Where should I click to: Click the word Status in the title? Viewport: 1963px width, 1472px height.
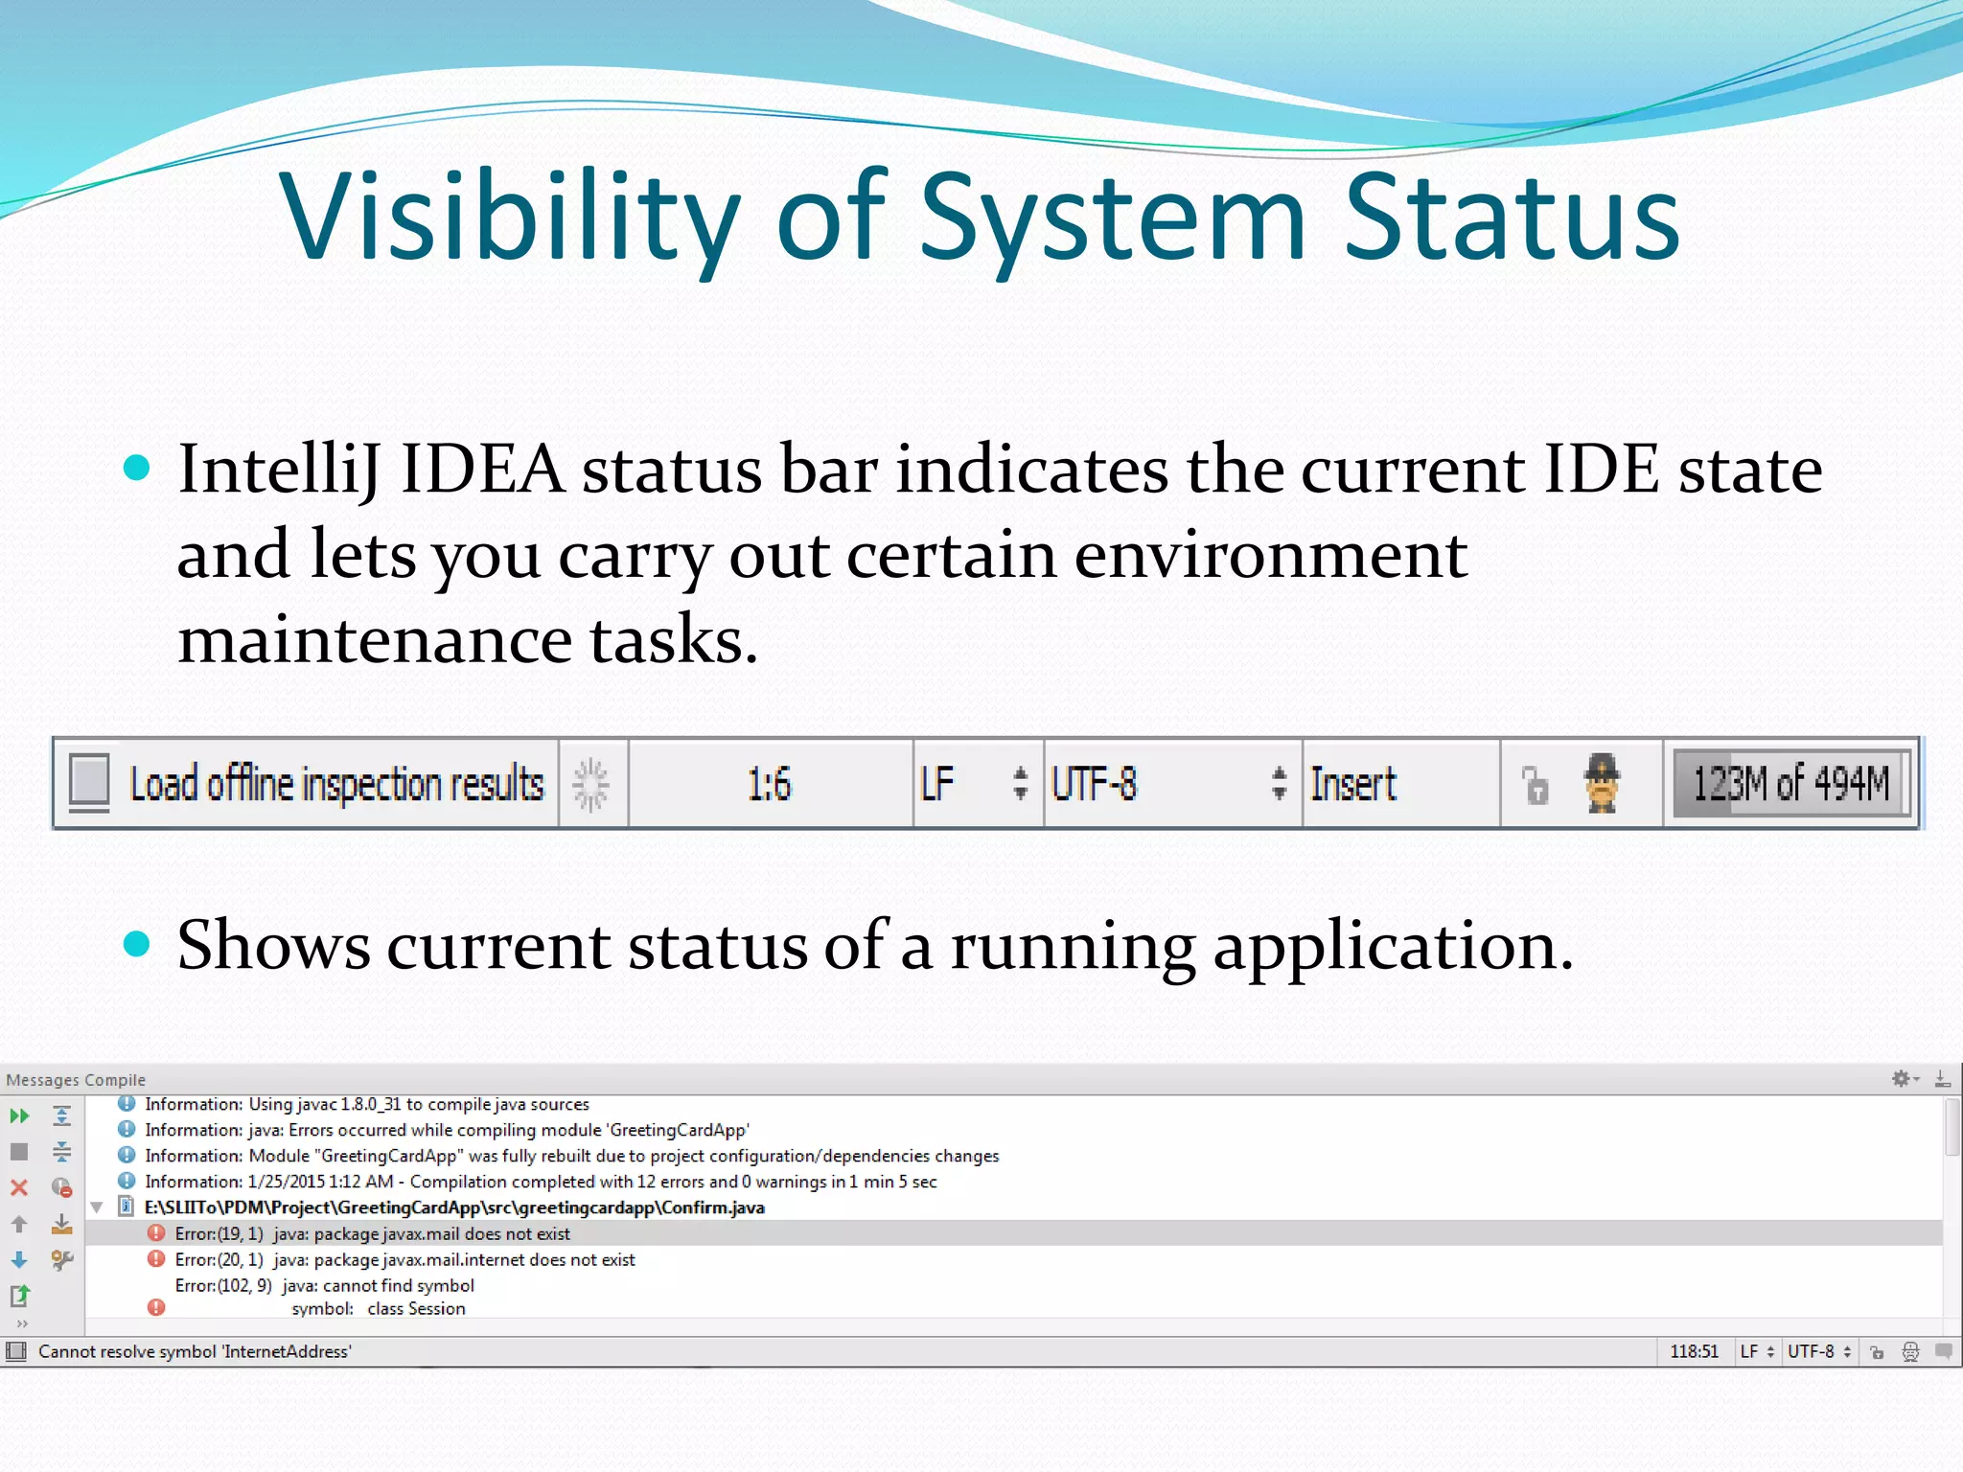click(x=1512, y=218)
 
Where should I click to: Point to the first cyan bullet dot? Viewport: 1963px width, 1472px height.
click(x=138, y=468)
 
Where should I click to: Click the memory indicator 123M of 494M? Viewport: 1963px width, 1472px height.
click(x=1790, y=784)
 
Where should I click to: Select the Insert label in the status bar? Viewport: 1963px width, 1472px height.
click(x=1352, y=784)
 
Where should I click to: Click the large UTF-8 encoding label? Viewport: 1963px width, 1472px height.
click(x=1094, y=784)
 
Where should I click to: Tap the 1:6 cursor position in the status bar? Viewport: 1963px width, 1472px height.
click(x=770, y=784)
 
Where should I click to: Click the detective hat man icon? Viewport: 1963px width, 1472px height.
click(x=1602, y=782)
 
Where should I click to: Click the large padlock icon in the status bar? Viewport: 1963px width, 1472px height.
click(x=1536, y=786)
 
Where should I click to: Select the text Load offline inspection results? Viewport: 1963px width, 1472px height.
click(x=336, y=784)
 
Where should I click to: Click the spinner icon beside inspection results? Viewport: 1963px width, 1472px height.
click(x=591, y=784)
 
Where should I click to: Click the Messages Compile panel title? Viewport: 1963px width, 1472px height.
click(x=76, y=1080)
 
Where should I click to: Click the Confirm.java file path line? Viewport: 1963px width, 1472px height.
click(x=454, y=1207)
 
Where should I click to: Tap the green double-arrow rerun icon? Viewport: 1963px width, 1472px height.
click(x=19, y=1115)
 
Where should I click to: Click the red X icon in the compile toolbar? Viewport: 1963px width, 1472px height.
click(x=19, y=1187)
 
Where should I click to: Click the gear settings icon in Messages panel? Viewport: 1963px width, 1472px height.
click(x=1901, y=1079)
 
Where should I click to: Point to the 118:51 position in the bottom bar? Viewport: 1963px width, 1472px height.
click(x=1694, y=1351)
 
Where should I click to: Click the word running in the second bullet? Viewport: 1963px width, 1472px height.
click(x=1073, y=946)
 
